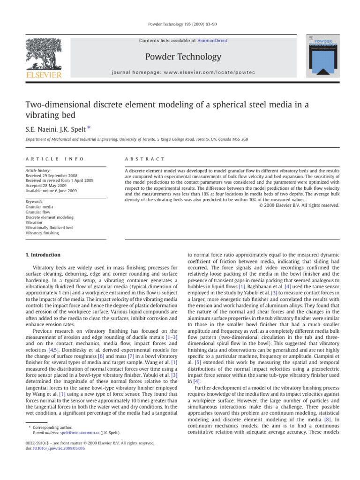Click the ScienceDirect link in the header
pos(213,41)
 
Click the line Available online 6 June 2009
pos(51,191)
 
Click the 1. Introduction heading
pos(42,255)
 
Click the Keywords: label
pos(35,202)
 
